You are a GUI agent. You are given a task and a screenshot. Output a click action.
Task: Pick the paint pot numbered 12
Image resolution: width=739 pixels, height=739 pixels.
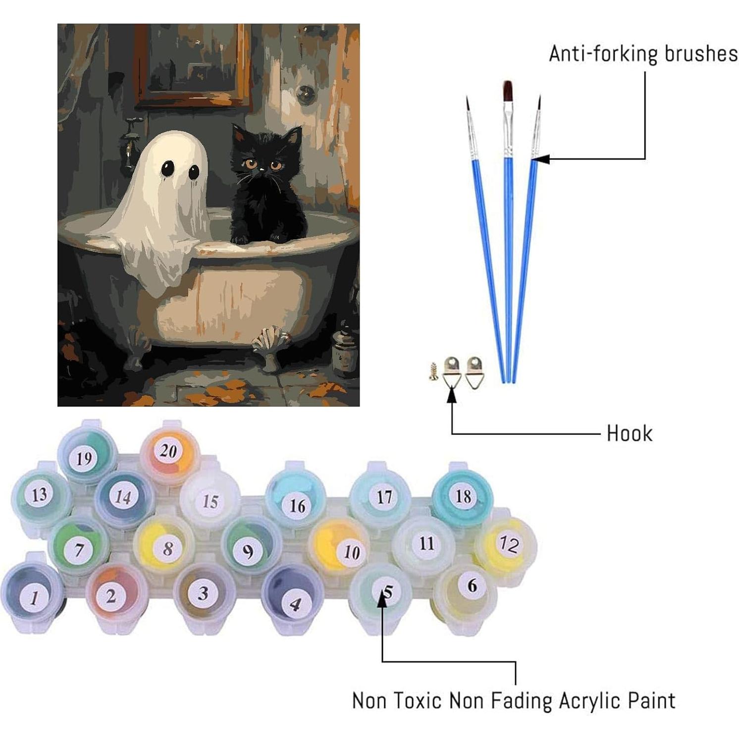(507, 545)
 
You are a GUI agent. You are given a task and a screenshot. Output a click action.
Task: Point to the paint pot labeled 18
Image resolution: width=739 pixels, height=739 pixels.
(463, 495)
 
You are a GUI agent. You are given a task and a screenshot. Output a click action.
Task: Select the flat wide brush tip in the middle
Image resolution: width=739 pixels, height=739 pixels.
(507, 91)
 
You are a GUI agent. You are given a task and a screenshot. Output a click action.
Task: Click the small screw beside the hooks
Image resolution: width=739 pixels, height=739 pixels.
(433, 370)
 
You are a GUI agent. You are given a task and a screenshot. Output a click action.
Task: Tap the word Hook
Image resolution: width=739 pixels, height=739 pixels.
(629, 433)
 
